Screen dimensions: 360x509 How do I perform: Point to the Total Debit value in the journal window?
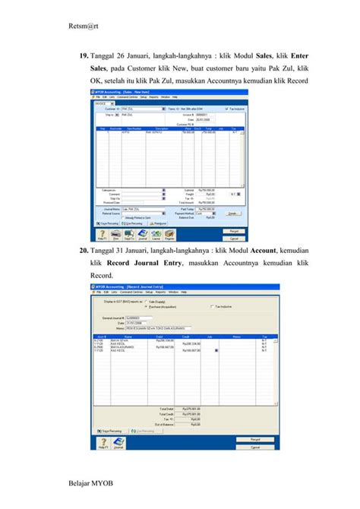coord(190,408)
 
